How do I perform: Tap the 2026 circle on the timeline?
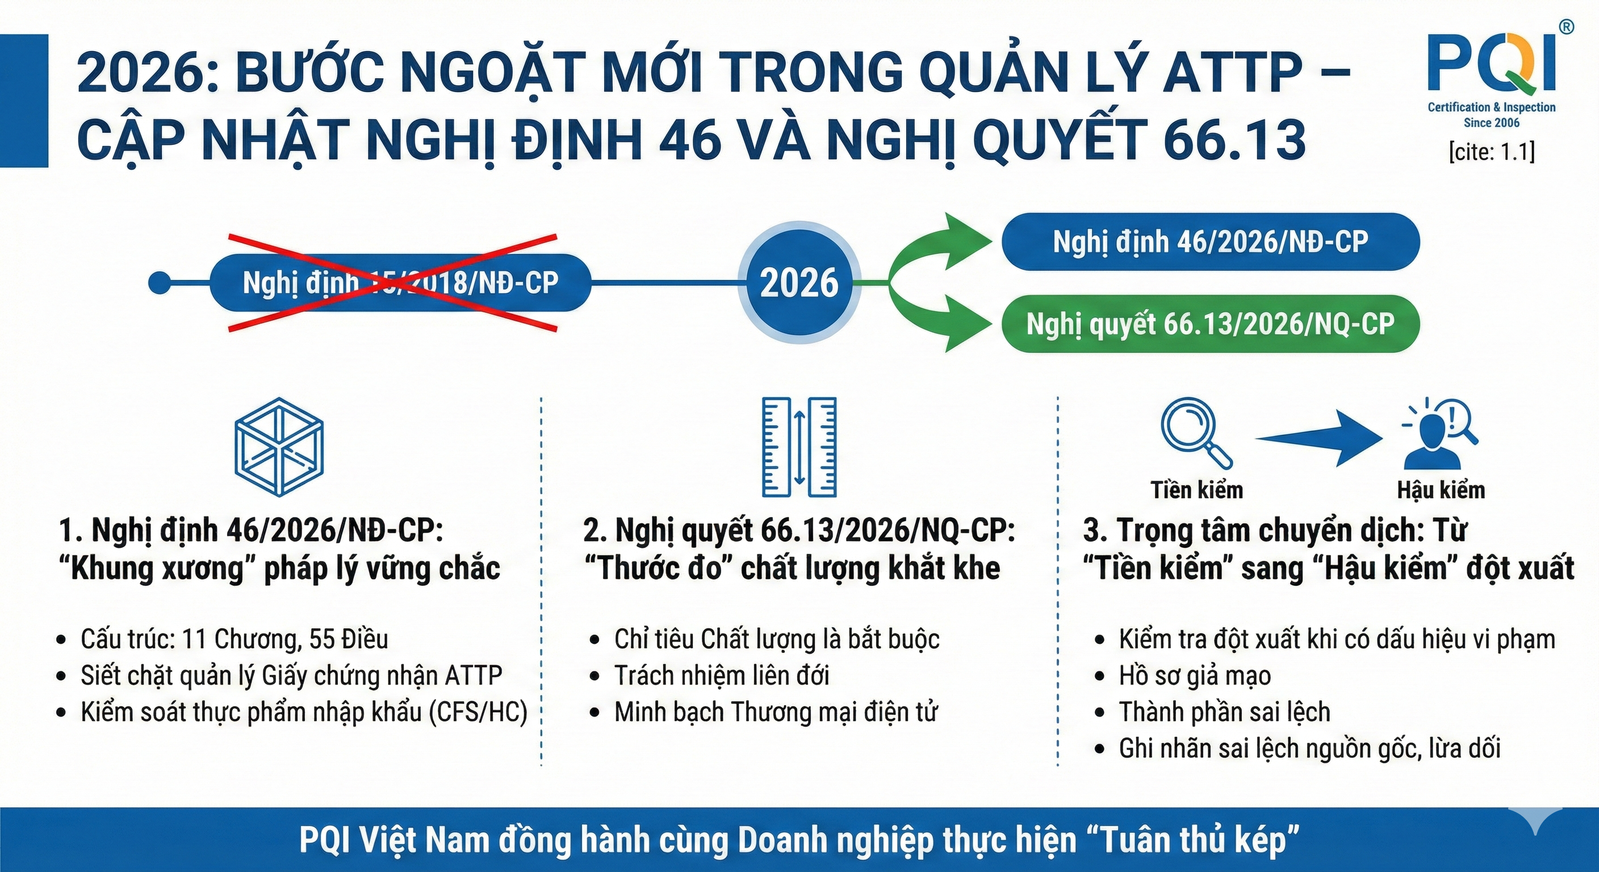pyautogui.click(x=799, y=283)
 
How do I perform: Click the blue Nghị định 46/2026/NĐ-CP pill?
pyautogui.click(x=1211, y=241)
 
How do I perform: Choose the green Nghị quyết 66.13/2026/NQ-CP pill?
pyautogui.click(x=1211, y=324)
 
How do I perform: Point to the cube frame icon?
pyautogui.click(x=279, y=447)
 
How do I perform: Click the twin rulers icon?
pyautogui.click(x=799, y=447)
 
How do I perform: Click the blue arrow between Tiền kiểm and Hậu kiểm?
pyautogui.click(x=1319, y=438)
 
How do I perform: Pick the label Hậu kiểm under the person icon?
pyautogui.click(x=1441, y=491)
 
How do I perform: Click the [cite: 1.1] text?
pyautogui.click(x=1492, y=152)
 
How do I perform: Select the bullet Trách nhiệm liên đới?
pyautogui.click(x=722, y=675)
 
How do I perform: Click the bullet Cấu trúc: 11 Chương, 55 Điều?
pyautogui.click(x=235, y=639)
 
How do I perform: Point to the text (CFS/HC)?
pyautogui.click(x=479, y=712)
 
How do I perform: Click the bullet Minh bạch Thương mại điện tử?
pyautogui.click(x=776, y=712)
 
